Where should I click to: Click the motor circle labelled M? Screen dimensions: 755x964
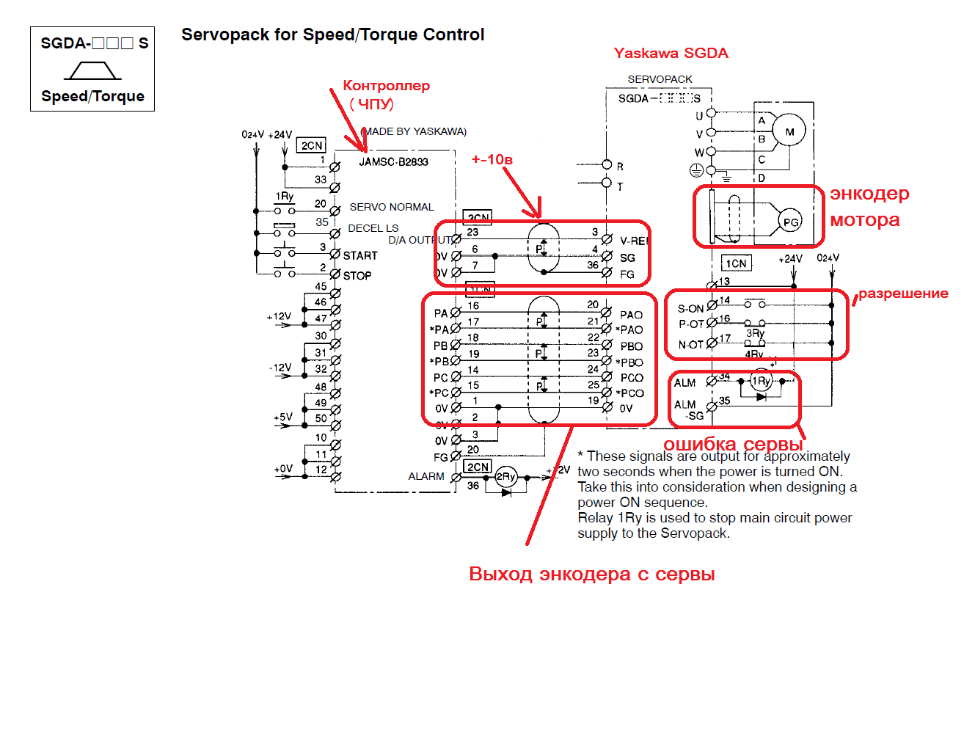789,132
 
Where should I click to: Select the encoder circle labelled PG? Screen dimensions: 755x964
790,222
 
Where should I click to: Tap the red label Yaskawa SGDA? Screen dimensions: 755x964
671,54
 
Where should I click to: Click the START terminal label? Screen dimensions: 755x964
360,256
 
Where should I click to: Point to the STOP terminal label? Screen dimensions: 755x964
357,276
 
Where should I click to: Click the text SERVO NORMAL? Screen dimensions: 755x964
392,208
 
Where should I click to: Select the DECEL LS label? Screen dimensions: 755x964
373,228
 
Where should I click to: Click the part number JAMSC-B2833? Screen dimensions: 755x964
393,162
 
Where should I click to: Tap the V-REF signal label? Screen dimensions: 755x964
634,241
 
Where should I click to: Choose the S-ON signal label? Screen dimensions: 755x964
690,309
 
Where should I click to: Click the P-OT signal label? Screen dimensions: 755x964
691,324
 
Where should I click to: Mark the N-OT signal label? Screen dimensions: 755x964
690,345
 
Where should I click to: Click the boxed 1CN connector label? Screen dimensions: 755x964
736,263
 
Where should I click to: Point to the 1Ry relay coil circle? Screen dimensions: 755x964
762,381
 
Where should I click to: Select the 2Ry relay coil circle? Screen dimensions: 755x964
506,477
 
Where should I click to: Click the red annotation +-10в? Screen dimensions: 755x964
492,159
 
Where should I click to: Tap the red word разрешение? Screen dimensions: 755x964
903,293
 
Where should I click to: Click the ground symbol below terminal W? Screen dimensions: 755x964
697,171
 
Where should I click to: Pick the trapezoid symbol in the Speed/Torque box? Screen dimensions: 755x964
92,70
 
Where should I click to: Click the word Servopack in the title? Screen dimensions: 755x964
225,34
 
